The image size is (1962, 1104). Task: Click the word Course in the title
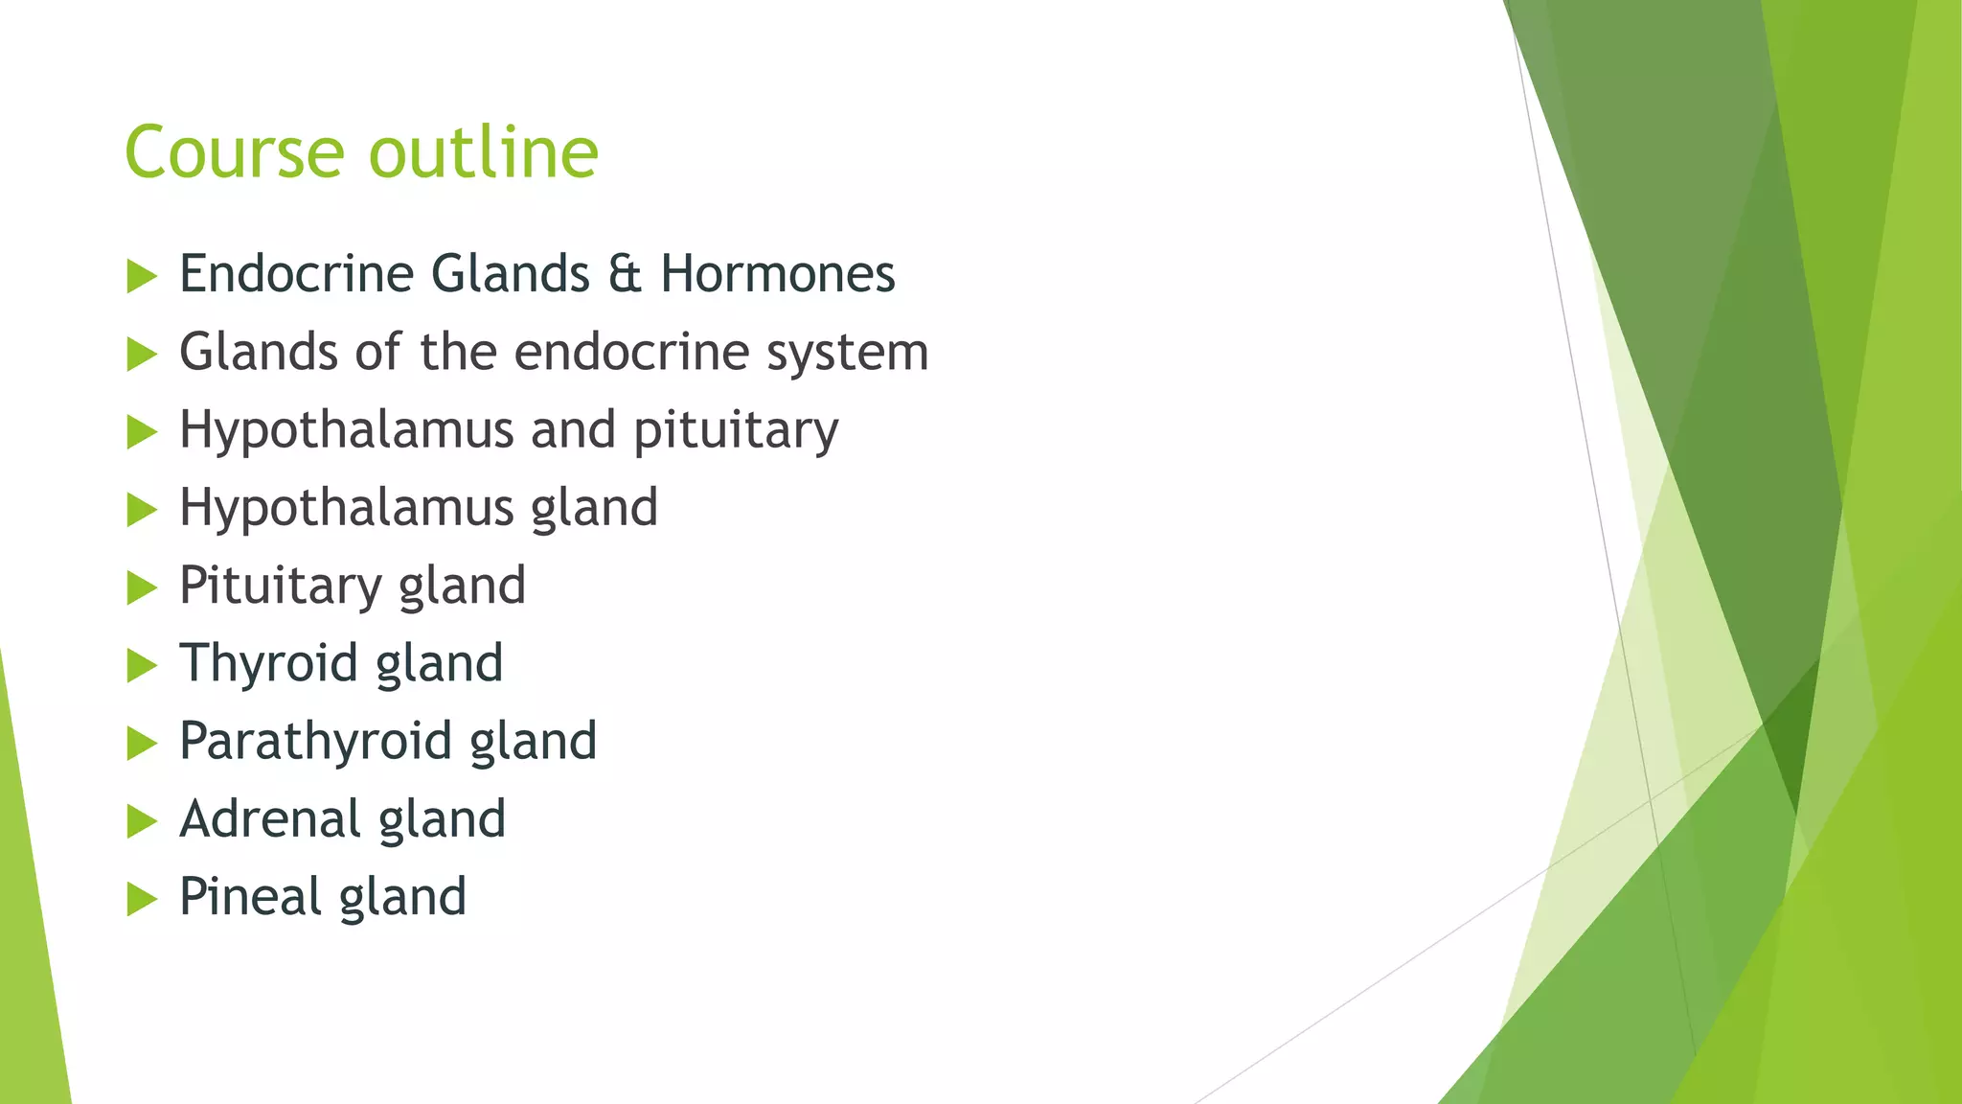click(234, 152)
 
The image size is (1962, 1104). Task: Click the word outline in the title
click(484, 152)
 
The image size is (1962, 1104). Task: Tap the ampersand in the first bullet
click(625, 274)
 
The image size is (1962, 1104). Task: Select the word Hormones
click(777, 274)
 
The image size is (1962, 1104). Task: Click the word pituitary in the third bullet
click(735, 430)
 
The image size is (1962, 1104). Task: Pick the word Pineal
click(250, 897)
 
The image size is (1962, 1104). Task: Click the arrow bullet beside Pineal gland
click(141, 899)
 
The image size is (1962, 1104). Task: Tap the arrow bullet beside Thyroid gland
click(141, 665)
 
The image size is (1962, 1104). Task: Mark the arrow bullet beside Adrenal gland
click(141, 821)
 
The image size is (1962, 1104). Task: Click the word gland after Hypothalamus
click(594, 508)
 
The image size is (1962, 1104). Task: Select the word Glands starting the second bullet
click(258, 352)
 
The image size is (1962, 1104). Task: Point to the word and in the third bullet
click(573, 430)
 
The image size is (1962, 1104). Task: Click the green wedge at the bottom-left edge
click(29, 958)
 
